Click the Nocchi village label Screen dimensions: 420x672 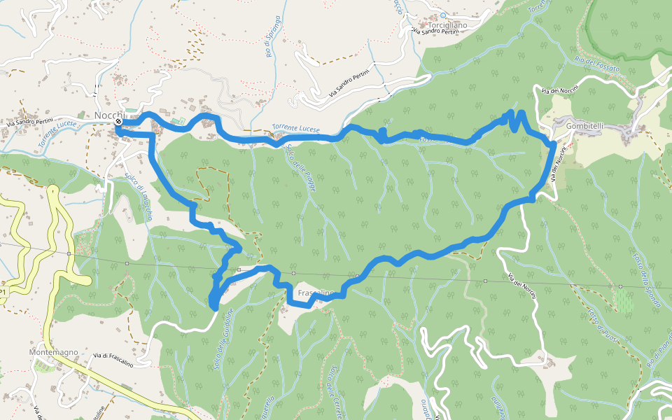[109, 115]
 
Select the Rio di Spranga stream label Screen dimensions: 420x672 [272, 36]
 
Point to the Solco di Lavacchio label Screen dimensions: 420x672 [139, 197]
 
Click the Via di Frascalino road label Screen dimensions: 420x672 [113, 357]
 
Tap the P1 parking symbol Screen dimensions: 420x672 [4, 291]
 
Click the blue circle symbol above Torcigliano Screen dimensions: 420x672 [443, 14]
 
